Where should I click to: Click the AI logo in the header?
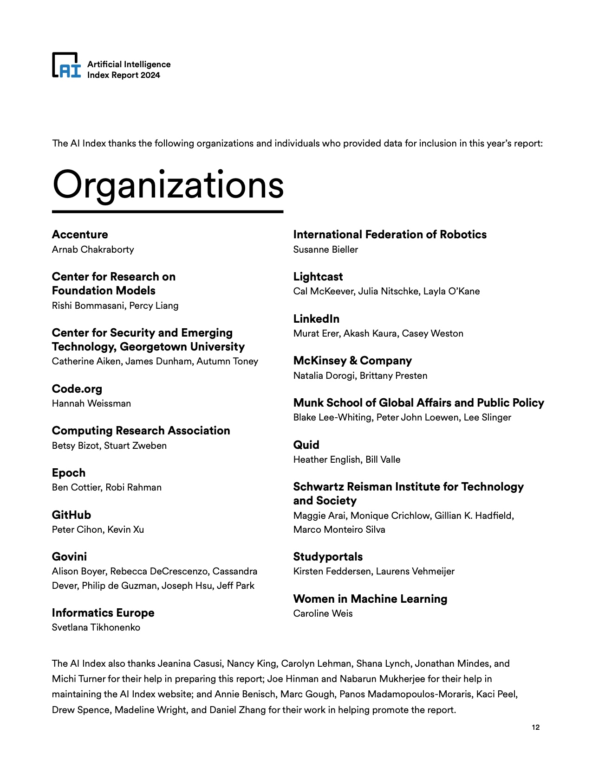click(66, 65)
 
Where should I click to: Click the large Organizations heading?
click(168, 185)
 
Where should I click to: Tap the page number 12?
click(535, 727)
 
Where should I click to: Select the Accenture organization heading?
click(80, 235)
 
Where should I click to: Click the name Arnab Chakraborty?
click(93, 249)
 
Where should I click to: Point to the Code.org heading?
click(77, 389)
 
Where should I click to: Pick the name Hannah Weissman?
click(91, 403)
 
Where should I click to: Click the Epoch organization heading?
click(69, 473)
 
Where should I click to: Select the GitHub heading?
click(72, 515)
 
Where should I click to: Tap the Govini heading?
click(69, 557)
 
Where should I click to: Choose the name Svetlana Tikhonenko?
click(96, 627)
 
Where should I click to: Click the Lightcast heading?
click(318, 277)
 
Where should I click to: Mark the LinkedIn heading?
click(316, 319)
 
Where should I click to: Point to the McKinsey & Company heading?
click(352, 361)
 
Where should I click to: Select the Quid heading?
click(306, 445)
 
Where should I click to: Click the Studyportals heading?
click(328, 557)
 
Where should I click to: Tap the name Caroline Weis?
click(323, 613)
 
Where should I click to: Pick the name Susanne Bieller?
click(325, 249)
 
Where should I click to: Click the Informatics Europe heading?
click(103, 613)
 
